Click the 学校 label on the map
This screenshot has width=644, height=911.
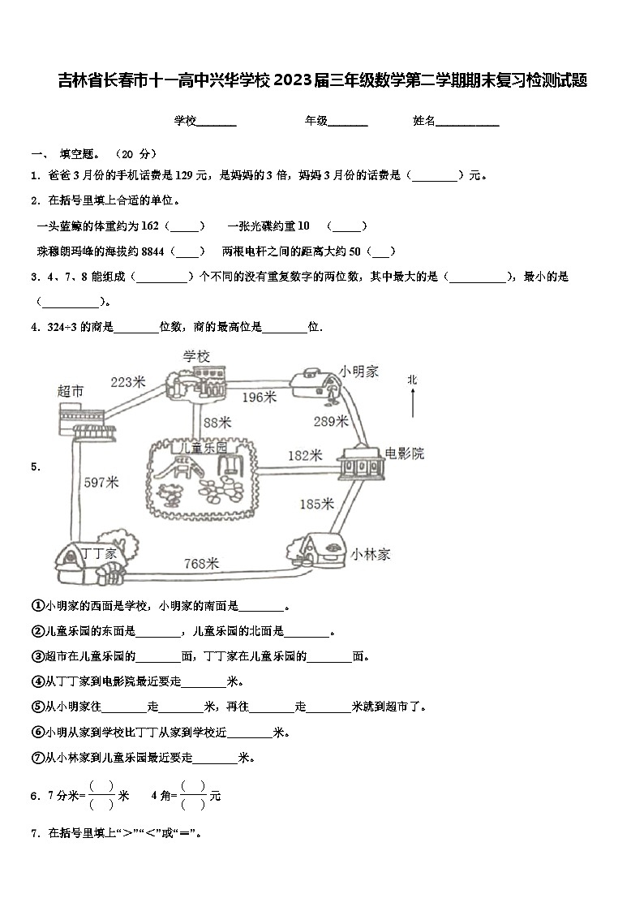(196, 356)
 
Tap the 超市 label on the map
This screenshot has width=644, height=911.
(71, 391)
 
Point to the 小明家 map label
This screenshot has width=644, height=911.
(359, 371)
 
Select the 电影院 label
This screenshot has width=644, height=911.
(404, 453)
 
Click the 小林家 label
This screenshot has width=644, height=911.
(371, 554)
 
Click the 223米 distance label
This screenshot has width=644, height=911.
(127, 381)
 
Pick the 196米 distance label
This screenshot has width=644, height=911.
(259, 397)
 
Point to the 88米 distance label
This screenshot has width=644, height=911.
(217, 422)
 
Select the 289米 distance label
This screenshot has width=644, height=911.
(331, 421)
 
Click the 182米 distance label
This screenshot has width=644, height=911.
(305, 456)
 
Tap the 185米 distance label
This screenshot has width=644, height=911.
(316, 504)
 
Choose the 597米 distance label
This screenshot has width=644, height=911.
(101, 483)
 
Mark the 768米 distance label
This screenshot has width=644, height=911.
(201, 563)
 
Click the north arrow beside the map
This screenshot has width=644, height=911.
(413, 402)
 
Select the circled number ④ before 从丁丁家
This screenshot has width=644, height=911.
(37, 681)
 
